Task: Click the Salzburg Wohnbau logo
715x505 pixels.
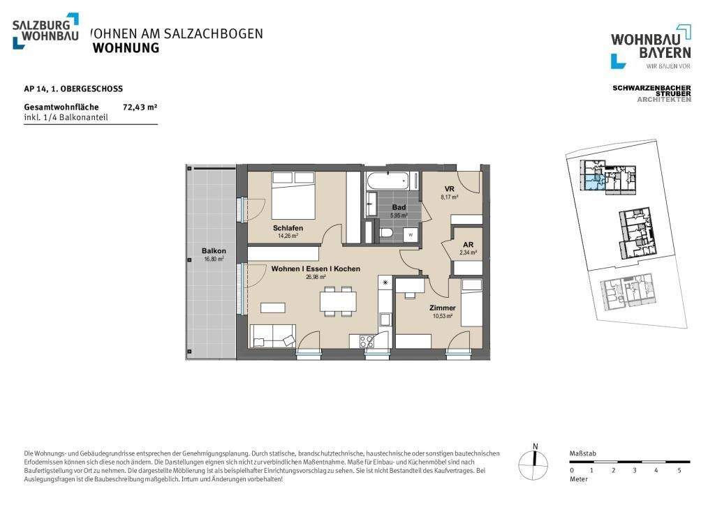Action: click(45, 31)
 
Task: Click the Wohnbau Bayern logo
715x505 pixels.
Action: click(651, 47)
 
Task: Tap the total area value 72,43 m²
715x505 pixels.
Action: click(140, 107)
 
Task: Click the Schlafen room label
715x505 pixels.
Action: click(288, 228)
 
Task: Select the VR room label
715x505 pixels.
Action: click(450, 190)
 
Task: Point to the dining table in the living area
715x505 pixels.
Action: click(338, 301)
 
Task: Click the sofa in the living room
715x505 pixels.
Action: click(272, 337)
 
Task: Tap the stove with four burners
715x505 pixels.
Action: click(367, 341)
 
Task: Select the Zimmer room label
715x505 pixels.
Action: click(443, 308)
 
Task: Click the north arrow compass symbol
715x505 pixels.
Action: click(535, 460)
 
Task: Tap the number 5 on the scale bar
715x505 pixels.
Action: click(679, 471)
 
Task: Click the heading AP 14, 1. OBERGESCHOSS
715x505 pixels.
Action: click(73, 89)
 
